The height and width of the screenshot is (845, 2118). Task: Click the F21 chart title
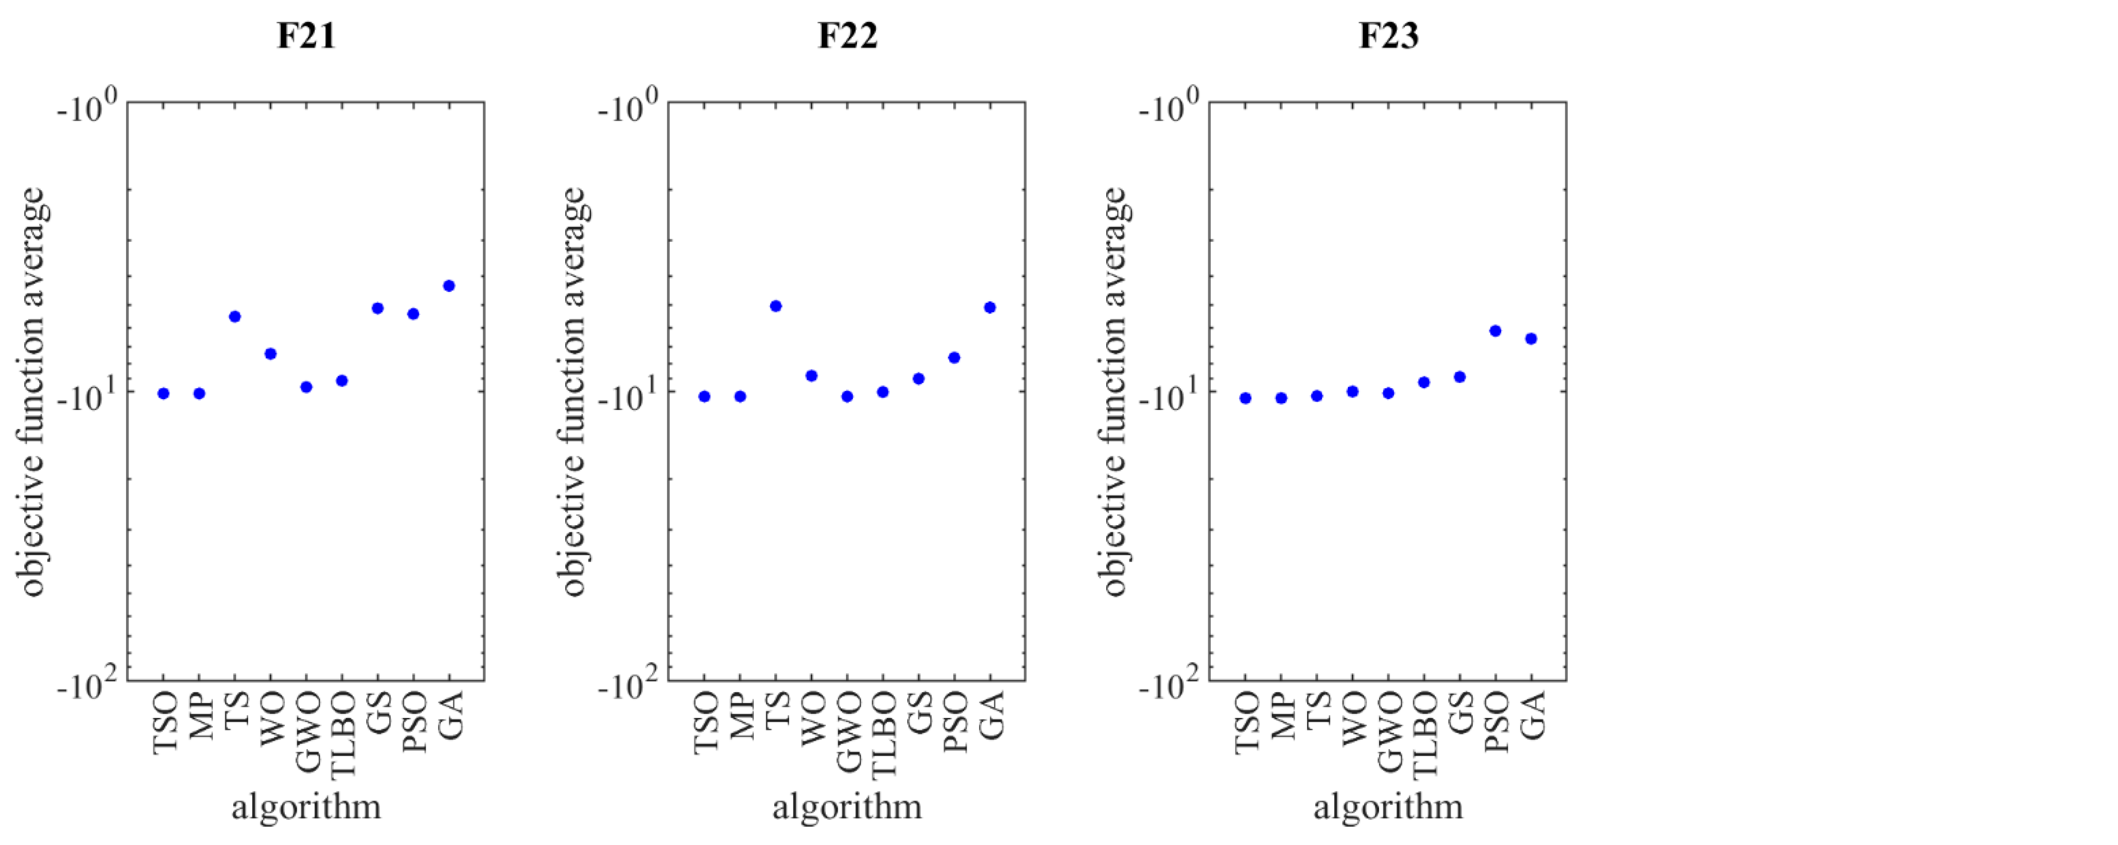[x=306, y=36]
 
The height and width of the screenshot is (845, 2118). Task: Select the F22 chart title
[x=847, y=36]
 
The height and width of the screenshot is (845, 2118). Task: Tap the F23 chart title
[x=1388, y=36]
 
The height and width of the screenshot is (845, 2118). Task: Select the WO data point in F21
[x=270, y=354]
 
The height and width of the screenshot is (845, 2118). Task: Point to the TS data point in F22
[x=775, y=306]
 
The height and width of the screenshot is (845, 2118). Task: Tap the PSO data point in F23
[x=1496, y=331]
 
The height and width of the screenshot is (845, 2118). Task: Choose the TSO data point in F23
[x=1246, y=398]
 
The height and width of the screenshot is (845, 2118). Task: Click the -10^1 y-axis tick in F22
[x=628, y=397]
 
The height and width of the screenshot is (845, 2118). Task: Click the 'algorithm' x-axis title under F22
[x=847, y=806]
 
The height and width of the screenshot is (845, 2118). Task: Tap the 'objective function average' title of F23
[x=1114, y=392]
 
